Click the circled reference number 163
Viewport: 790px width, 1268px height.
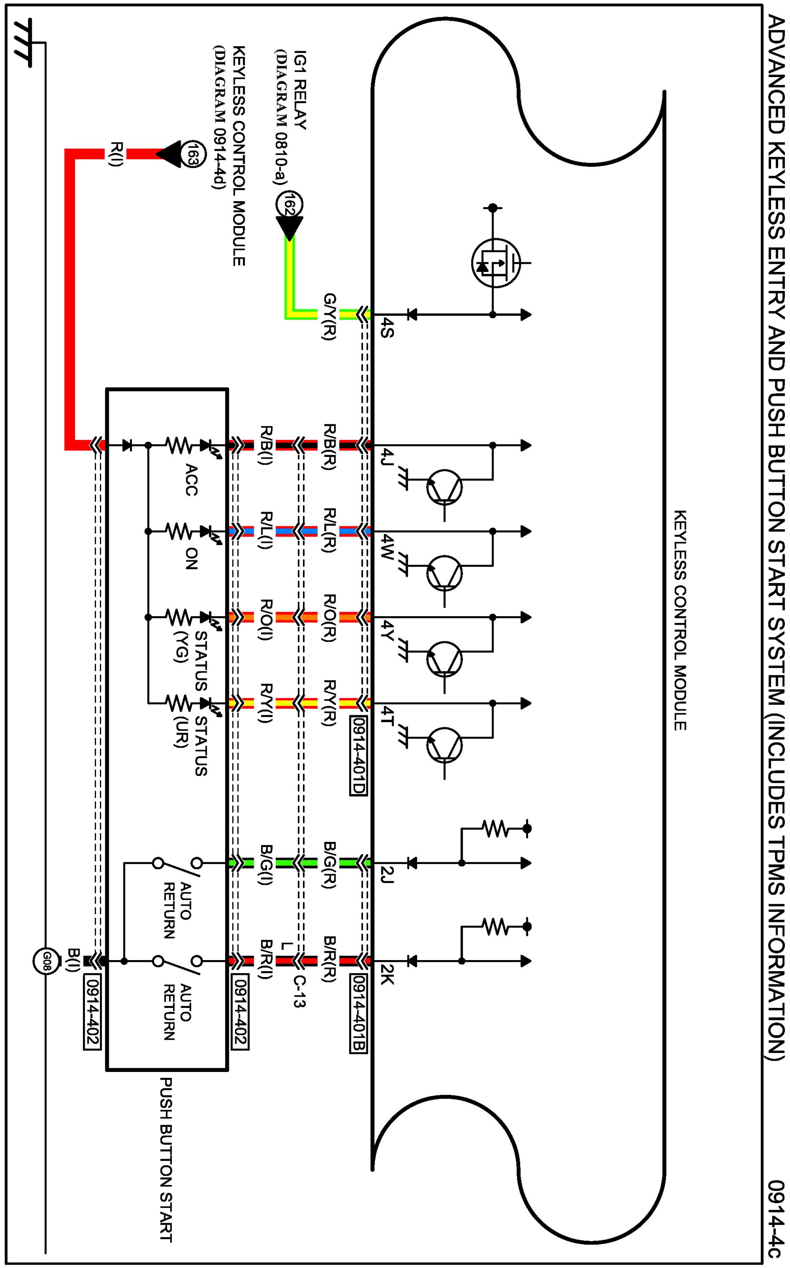click(x=193, y=154)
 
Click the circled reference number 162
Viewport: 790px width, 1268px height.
click(x=289, y=204)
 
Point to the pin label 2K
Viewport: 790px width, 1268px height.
click(x=387, y=974)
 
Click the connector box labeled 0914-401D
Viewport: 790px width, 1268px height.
click(x=358, y=755)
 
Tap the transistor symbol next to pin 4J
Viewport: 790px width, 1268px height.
click(x=444, y=487)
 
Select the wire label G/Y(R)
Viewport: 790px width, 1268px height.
click(x=329, y=316)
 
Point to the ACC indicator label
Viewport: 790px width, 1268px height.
click(x=191, y=479)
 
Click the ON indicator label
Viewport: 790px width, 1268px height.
click(x=191, y=559)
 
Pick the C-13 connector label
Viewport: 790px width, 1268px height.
click(x=299, y=991)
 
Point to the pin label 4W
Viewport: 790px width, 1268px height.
click(x=387, y=547)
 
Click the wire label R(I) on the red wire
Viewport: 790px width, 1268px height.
click(x=116, y=154)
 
